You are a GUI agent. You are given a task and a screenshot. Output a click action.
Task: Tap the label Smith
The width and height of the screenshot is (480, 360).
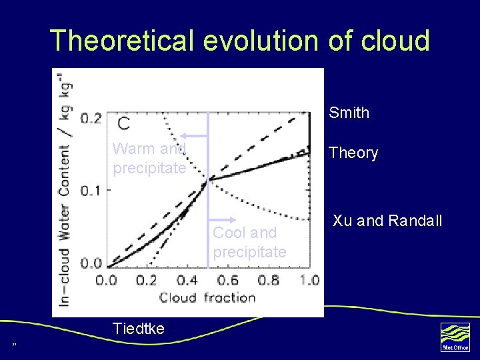349,113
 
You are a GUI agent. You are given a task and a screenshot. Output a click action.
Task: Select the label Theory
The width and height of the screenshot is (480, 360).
353,153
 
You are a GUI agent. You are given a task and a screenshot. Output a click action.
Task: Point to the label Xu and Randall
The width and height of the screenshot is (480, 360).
387,221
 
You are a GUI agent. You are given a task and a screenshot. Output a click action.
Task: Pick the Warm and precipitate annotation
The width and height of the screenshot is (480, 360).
149,159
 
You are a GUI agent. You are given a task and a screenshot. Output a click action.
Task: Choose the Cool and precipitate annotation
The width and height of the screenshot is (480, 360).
249,243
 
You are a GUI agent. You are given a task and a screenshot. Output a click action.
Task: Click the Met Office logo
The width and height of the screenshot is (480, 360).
455,337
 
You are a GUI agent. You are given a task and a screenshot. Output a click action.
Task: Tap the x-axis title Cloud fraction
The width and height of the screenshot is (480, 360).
207,297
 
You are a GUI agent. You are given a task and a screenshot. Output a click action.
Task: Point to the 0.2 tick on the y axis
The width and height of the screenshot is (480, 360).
91,119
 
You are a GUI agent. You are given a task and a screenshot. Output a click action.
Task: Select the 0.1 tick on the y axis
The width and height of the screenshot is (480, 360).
91,190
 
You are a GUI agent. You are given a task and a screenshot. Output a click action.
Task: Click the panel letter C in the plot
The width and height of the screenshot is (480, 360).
124,123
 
